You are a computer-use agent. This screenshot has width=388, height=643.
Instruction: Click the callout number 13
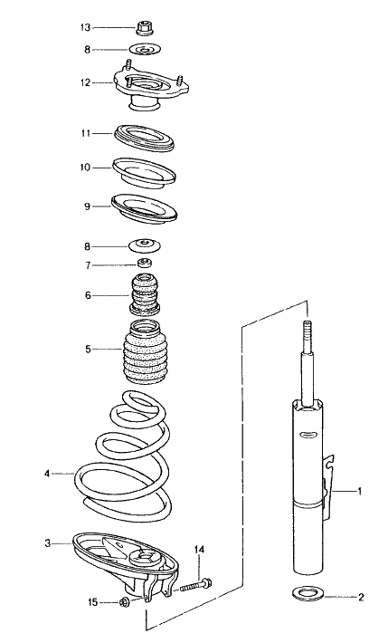85,27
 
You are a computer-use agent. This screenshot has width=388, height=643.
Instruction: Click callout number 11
85,133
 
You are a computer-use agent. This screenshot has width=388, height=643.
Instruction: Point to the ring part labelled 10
143,170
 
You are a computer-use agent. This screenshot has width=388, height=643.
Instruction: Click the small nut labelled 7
142,265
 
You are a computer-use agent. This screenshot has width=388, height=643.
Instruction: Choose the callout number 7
88,265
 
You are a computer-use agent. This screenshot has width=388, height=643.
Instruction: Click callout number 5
88,349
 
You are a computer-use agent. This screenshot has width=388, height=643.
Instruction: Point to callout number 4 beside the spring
47,473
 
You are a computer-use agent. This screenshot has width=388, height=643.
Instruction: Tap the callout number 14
199,549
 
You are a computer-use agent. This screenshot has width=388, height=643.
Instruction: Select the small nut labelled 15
124,603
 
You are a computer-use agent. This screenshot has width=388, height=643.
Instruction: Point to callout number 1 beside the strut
359,492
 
